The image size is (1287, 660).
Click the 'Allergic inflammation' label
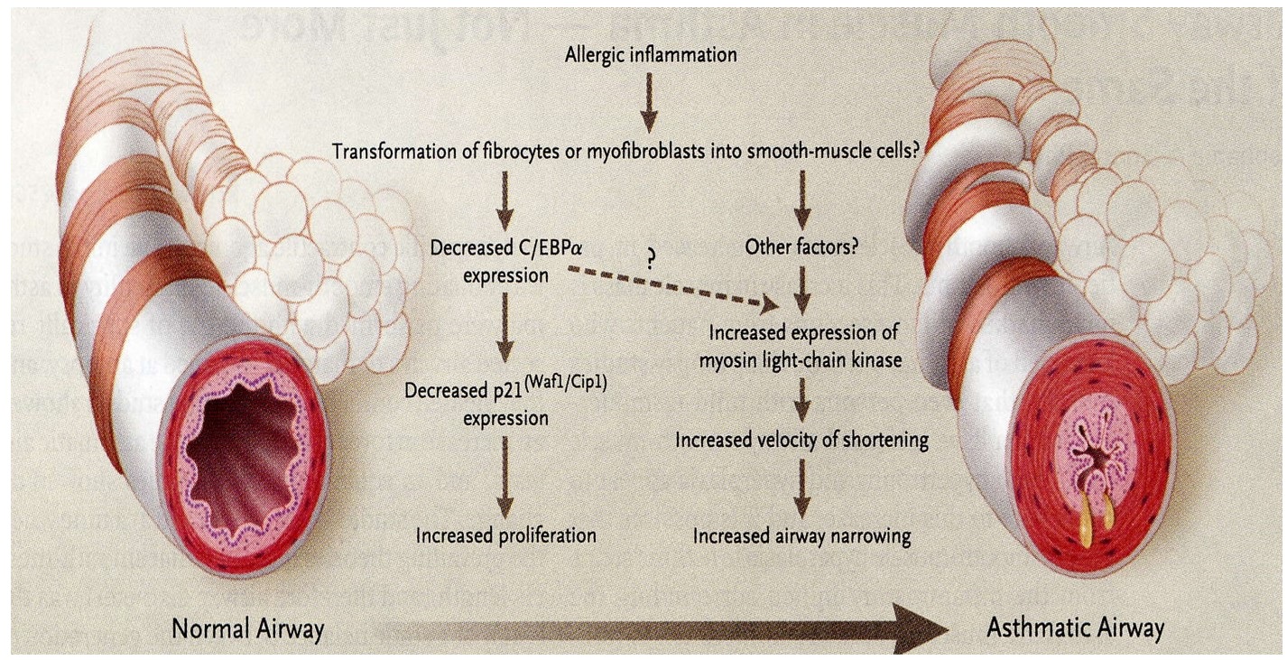coord(651,55)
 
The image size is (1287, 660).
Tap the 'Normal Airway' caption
coord(245,628)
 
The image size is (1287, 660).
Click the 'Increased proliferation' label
coord(505,535)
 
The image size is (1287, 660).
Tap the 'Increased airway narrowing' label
coord(801,536)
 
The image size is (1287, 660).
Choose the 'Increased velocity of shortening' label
coord(802,441)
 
